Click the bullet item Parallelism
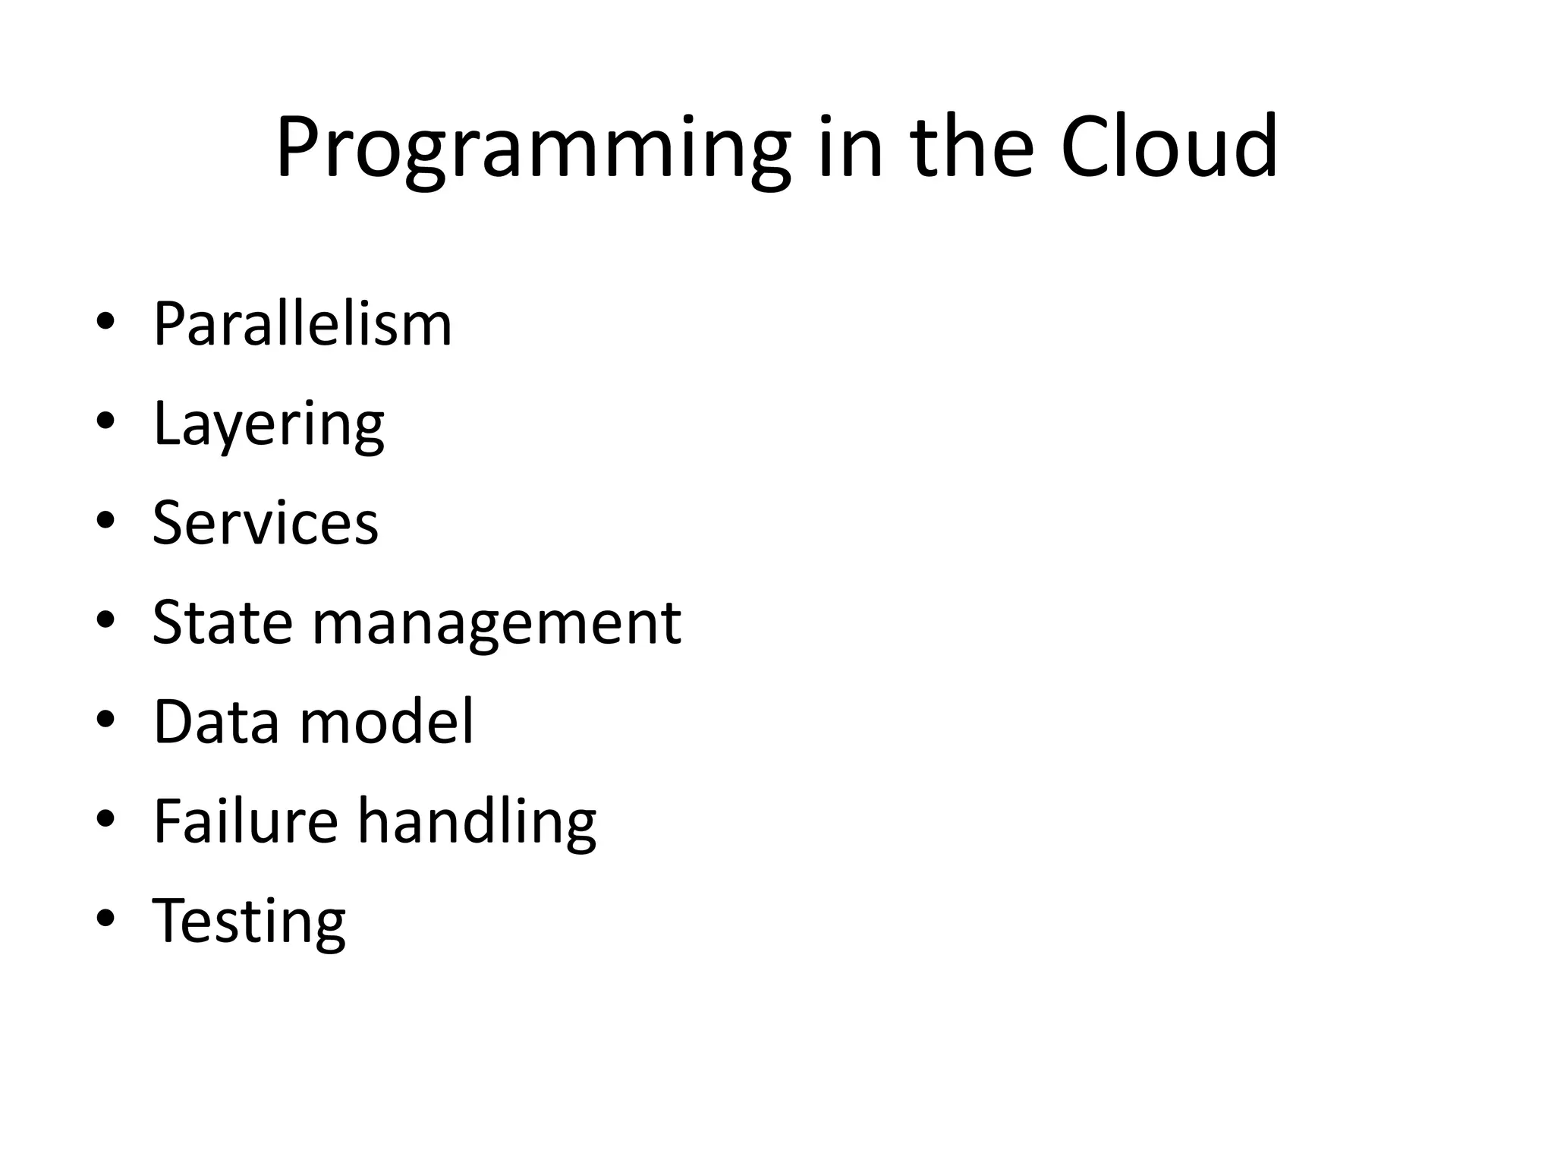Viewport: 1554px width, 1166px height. pos(302,324)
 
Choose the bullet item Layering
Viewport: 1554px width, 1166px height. pos(269,424)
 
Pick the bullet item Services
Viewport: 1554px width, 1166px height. pos(265,523)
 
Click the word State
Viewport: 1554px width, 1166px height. pos(222,622)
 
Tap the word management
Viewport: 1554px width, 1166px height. pos(496,624)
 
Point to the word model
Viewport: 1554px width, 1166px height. pos(387,721)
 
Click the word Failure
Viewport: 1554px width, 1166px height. pos(245,821)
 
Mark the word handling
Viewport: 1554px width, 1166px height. pos(477,822)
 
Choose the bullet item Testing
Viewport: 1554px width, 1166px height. pos(249,922)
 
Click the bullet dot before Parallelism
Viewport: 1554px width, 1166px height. pos(105,323)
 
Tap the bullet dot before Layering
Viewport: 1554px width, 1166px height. pos(105,423)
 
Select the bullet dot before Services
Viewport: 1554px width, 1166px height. pos(105,522)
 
